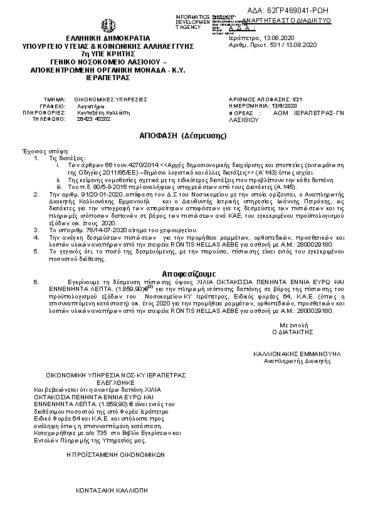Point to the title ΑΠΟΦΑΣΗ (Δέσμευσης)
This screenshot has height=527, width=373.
coord(182,136)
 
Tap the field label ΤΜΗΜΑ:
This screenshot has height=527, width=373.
coord(55,100)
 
